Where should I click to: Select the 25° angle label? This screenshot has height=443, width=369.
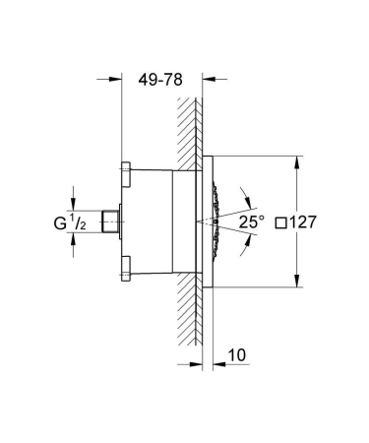[251, 223]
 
